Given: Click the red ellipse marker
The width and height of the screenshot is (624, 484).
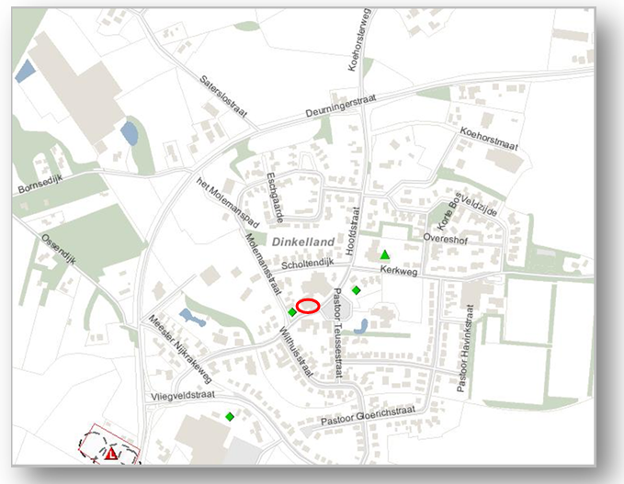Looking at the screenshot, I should point(308,306).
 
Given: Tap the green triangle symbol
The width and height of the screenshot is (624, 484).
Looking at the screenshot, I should point(385,254).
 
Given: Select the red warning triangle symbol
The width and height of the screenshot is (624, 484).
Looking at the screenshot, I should point(111,454).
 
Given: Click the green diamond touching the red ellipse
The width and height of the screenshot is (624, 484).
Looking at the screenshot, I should point(292,312).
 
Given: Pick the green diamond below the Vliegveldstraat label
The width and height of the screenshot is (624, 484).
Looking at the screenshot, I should point(229,416).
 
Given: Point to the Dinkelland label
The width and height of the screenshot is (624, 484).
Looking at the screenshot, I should point(304,240).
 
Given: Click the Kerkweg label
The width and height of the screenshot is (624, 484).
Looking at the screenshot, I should point(399,272).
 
